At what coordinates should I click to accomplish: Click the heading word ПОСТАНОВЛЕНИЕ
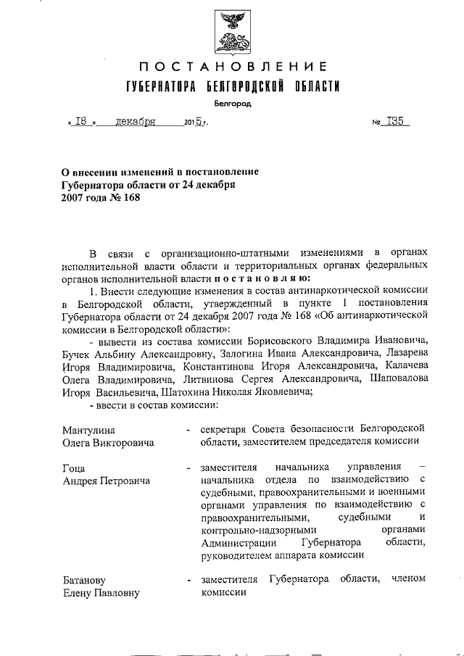231,68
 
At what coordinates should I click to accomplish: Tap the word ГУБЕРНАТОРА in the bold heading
158,87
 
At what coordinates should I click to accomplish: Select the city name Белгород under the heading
231,104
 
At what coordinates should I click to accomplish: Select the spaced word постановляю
273,276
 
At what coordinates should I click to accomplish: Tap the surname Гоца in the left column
75,468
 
